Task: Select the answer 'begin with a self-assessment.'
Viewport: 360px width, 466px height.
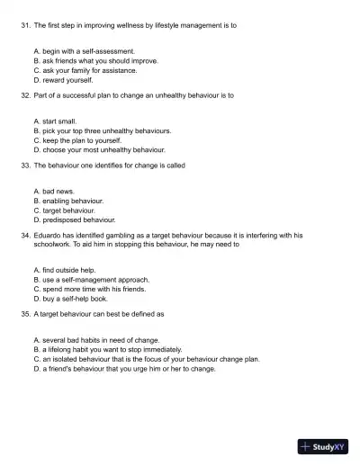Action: pyautogui.click(x=88, y=51)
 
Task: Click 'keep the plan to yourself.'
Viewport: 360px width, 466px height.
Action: pyautogui.click(x=82, y=139)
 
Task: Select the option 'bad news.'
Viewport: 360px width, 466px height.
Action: pyautogui.click(x=59, y=192)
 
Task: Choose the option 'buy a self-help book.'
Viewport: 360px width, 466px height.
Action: pyautogui.click(x=76, y=298)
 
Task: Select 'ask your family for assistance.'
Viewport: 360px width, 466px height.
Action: pyautogui.click(x=89, y=69)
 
